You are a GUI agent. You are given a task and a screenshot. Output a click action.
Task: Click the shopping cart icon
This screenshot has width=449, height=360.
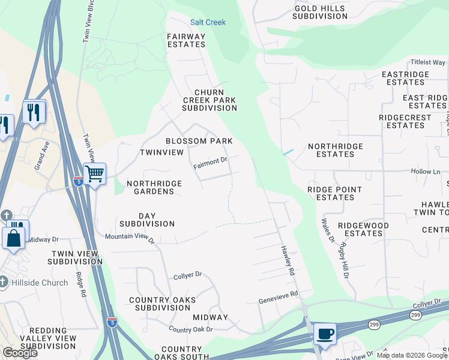pyautogui.click(x=95, y=174)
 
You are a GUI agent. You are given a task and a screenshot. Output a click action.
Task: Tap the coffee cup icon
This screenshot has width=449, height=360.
pyautogui.click(x=325, y=333)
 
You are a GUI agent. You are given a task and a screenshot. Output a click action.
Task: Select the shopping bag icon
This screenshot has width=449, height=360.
pyautogui.click(x=13, y=238)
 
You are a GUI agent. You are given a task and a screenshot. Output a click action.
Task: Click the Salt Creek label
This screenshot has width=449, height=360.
pyautogui.click(x=208, y=22)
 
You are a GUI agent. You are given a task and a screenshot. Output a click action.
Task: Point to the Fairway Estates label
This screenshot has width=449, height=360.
pyautogui.click(x=186, y=40)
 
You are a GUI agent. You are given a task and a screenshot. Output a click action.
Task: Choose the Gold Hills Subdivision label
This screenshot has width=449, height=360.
pyautogui.click(x=319, y=12)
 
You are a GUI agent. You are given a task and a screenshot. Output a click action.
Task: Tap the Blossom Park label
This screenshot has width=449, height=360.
pyautogui.click(x=199, y=141)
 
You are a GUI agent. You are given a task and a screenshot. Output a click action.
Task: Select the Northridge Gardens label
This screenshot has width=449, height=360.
pyautogui.click(x=150, y=187)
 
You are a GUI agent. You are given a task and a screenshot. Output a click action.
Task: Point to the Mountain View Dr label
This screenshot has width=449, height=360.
pyautogui.click(x=130, y=238)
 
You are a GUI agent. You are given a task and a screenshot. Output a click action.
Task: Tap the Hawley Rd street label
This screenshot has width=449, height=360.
pyautogui.click(x=288, y=260)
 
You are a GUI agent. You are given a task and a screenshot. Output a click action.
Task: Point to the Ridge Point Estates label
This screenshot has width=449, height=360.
pyautogui.click(x=334, y=193)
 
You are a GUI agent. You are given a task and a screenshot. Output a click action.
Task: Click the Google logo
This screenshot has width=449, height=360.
pyautogui.click(x=20, y=353)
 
